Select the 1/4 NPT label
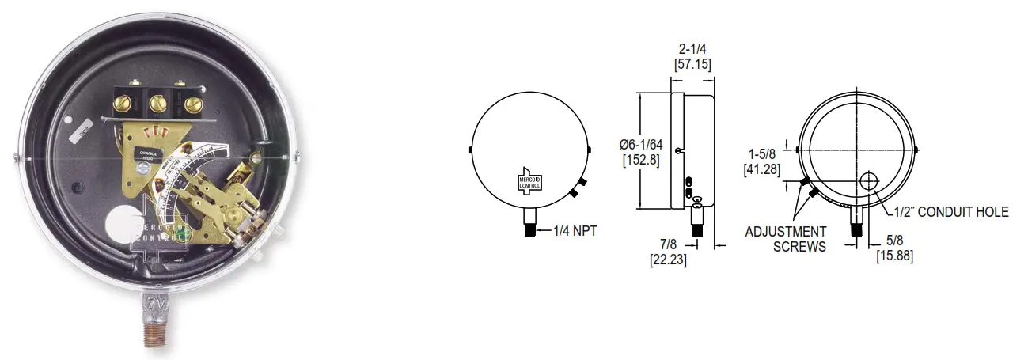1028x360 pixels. tap(575, 231)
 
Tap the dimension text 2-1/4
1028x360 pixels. tap(692, 49)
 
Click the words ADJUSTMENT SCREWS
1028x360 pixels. tap(786, 239)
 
